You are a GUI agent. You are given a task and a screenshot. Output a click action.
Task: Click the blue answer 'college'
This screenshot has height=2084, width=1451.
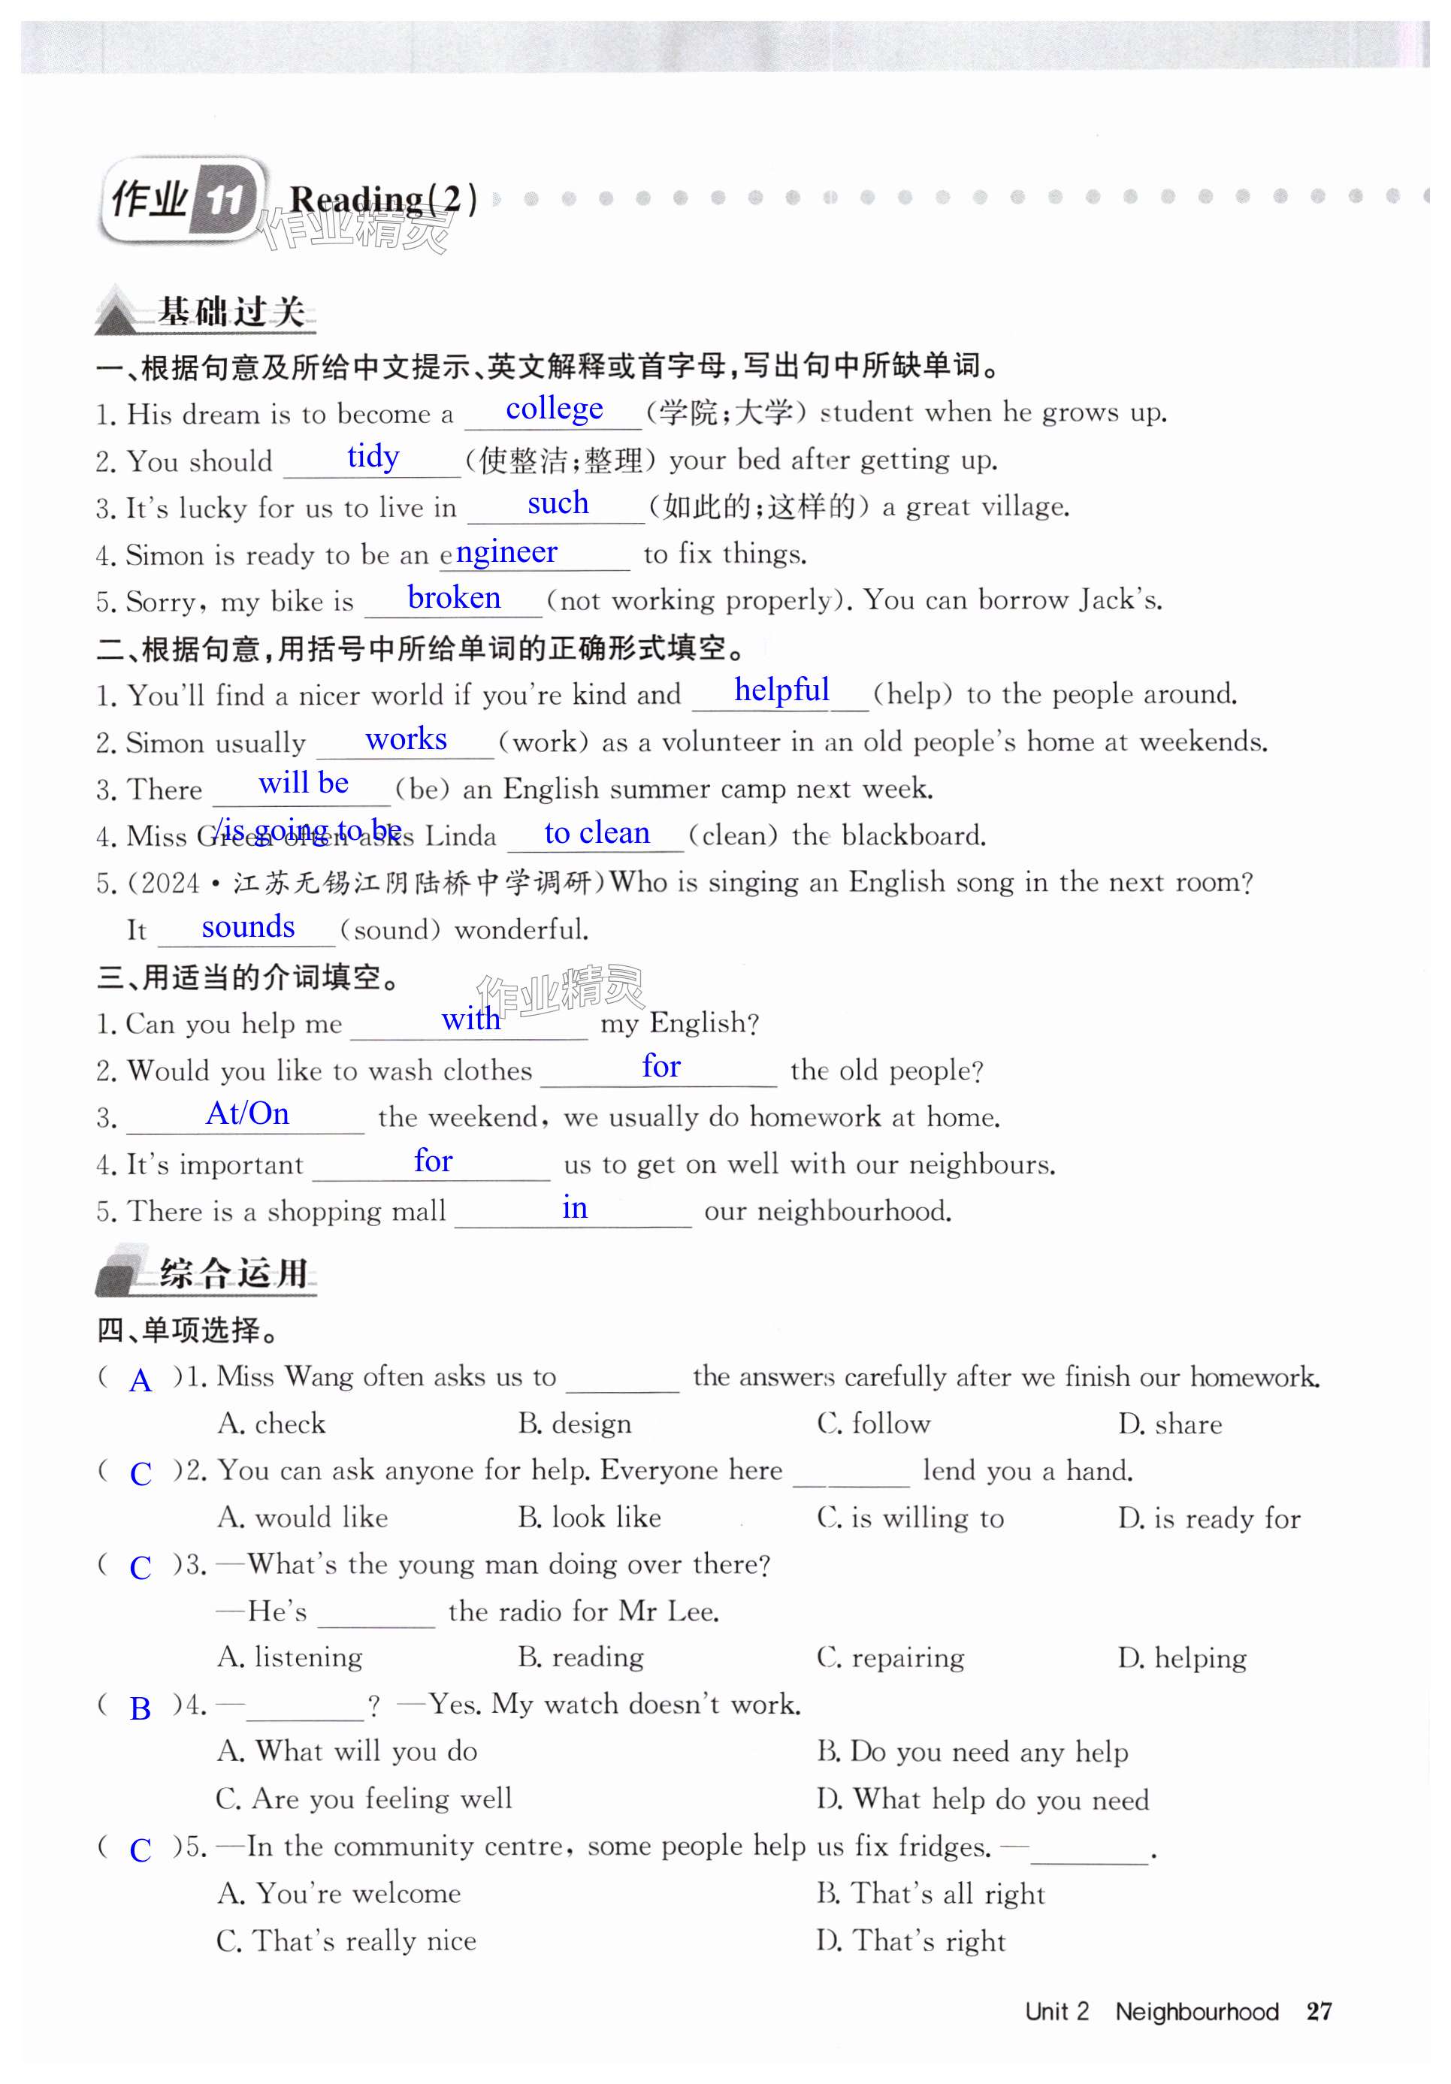554,409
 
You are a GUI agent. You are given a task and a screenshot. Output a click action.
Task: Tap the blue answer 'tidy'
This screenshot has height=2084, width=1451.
373,456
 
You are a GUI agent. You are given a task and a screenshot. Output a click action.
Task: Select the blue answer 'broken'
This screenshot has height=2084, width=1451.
453,597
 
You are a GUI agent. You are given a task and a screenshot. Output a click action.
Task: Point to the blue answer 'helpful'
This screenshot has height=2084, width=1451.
781,690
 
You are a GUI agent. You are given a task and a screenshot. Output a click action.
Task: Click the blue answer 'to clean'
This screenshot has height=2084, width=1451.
597,832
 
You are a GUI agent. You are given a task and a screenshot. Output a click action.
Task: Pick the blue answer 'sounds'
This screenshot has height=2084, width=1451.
248,927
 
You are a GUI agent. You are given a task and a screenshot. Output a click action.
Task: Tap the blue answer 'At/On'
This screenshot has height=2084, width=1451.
247,1113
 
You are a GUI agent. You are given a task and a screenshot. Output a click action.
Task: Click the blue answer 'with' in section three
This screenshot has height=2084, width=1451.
470,1019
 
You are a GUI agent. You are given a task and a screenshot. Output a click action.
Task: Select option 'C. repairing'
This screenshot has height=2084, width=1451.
890,1657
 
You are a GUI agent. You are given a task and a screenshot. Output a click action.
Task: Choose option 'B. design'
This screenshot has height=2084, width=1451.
574,1423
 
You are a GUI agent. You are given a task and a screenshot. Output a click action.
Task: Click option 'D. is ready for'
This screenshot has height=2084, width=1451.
1208,1518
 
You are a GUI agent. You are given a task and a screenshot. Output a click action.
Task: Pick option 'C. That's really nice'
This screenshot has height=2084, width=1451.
346,1941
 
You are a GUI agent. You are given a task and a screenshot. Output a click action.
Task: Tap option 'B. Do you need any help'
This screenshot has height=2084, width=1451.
972,1751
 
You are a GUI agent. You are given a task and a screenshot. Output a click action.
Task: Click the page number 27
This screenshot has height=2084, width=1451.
1319,2011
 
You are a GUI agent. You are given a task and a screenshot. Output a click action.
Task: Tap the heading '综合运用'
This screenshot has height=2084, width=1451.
234,1273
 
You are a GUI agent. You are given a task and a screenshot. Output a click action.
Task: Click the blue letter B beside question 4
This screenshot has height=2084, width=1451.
140,1708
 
